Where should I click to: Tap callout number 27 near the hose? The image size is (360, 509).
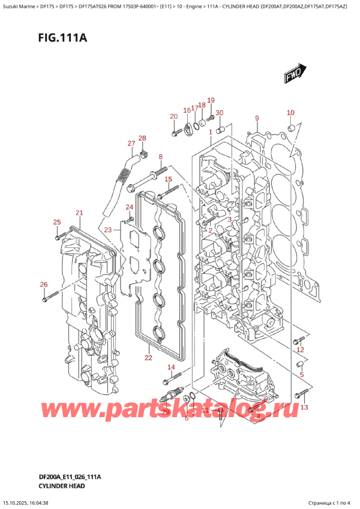(x=131, y=143)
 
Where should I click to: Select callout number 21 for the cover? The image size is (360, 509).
(x=79, y=213)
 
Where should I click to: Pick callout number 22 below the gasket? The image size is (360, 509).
(x=148, y=358)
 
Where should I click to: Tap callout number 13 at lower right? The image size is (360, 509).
(x=304, y=408)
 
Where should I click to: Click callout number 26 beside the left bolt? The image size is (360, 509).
(x=43, y=285)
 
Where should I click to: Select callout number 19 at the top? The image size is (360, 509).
(x=211, y=100)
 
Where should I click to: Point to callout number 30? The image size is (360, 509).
(x=219, y=113)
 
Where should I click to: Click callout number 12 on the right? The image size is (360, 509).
(x=300, y=349)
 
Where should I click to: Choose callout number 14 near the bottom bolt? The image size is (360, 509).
(x=171, y=367)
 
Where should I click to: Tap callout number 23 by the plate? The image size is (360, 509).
(x=107, y=230)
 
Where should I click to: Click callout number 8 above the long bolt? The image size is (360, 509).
(x=161, y=157)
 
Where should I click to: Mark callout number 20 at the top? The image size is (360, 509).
(x=173, y=116)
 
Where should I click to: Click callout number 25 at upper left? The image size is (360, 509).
(x=57, y=223)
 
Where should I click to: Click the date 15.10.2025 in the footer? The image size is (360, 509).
(x=18, y=503)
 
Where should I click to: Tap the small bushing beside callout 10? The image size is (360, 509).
(x=291, y=128)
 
